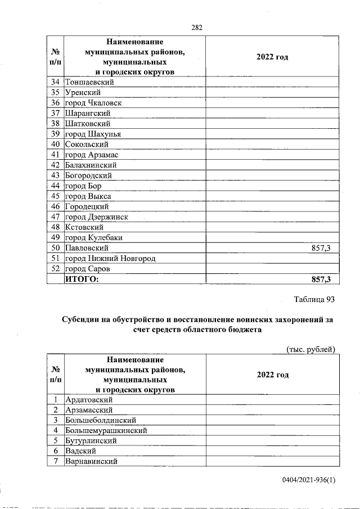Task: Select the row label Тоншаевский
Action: (89, 82)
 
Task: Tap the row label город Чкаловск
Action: (93, 102)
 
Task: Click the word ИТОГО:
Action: (82, 280)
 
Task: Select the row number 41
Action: (55, 155)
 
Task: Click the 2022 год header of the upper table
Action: (272, 57)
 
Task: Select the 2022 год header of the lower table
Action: (272, 375)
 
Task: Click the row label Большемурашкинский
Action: (106, 431)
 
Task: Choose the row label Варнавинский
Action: (91, 462)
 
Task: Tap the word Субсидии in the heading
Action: (81, 319)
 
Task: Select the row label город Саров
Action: (87, 269)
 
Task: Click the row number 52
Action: (55, 269)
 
